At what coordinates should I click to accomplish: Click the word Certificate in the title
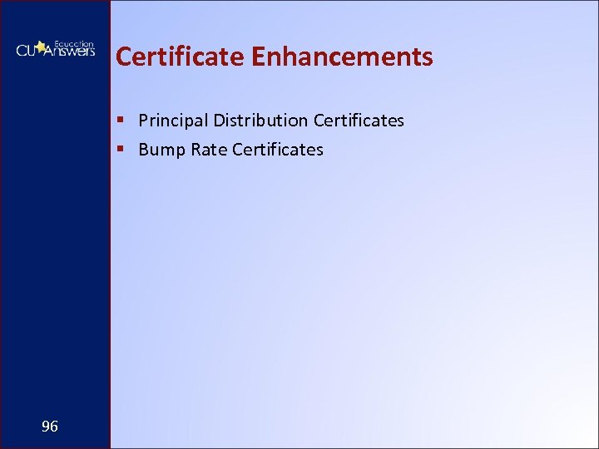tap(179, 57)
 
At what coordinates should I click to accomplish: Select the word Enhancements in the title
tap(341, 57)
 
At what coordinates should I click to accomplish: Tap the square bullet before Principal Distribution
tap(121, 121)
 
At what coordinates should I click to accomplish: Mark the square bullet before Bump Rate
tap(121, 150)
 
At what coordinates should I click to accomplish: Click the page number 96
tap(50, 427)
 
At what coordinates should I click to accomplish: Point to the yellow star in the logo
tap(40, 47)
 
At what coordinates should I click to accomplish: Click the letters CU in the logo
tap(26, 51)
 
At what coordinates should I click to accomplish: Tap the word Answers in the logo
tap(68, 51)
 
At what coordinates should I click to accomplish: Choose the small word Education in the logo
tap(74, 42)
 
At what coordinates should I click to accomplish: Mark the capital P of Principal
tap(143, 121)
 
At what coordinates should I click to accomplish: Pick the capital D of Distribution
tap(219, 121)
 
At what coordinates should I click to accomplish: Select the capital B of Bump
tap(143, 150)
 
